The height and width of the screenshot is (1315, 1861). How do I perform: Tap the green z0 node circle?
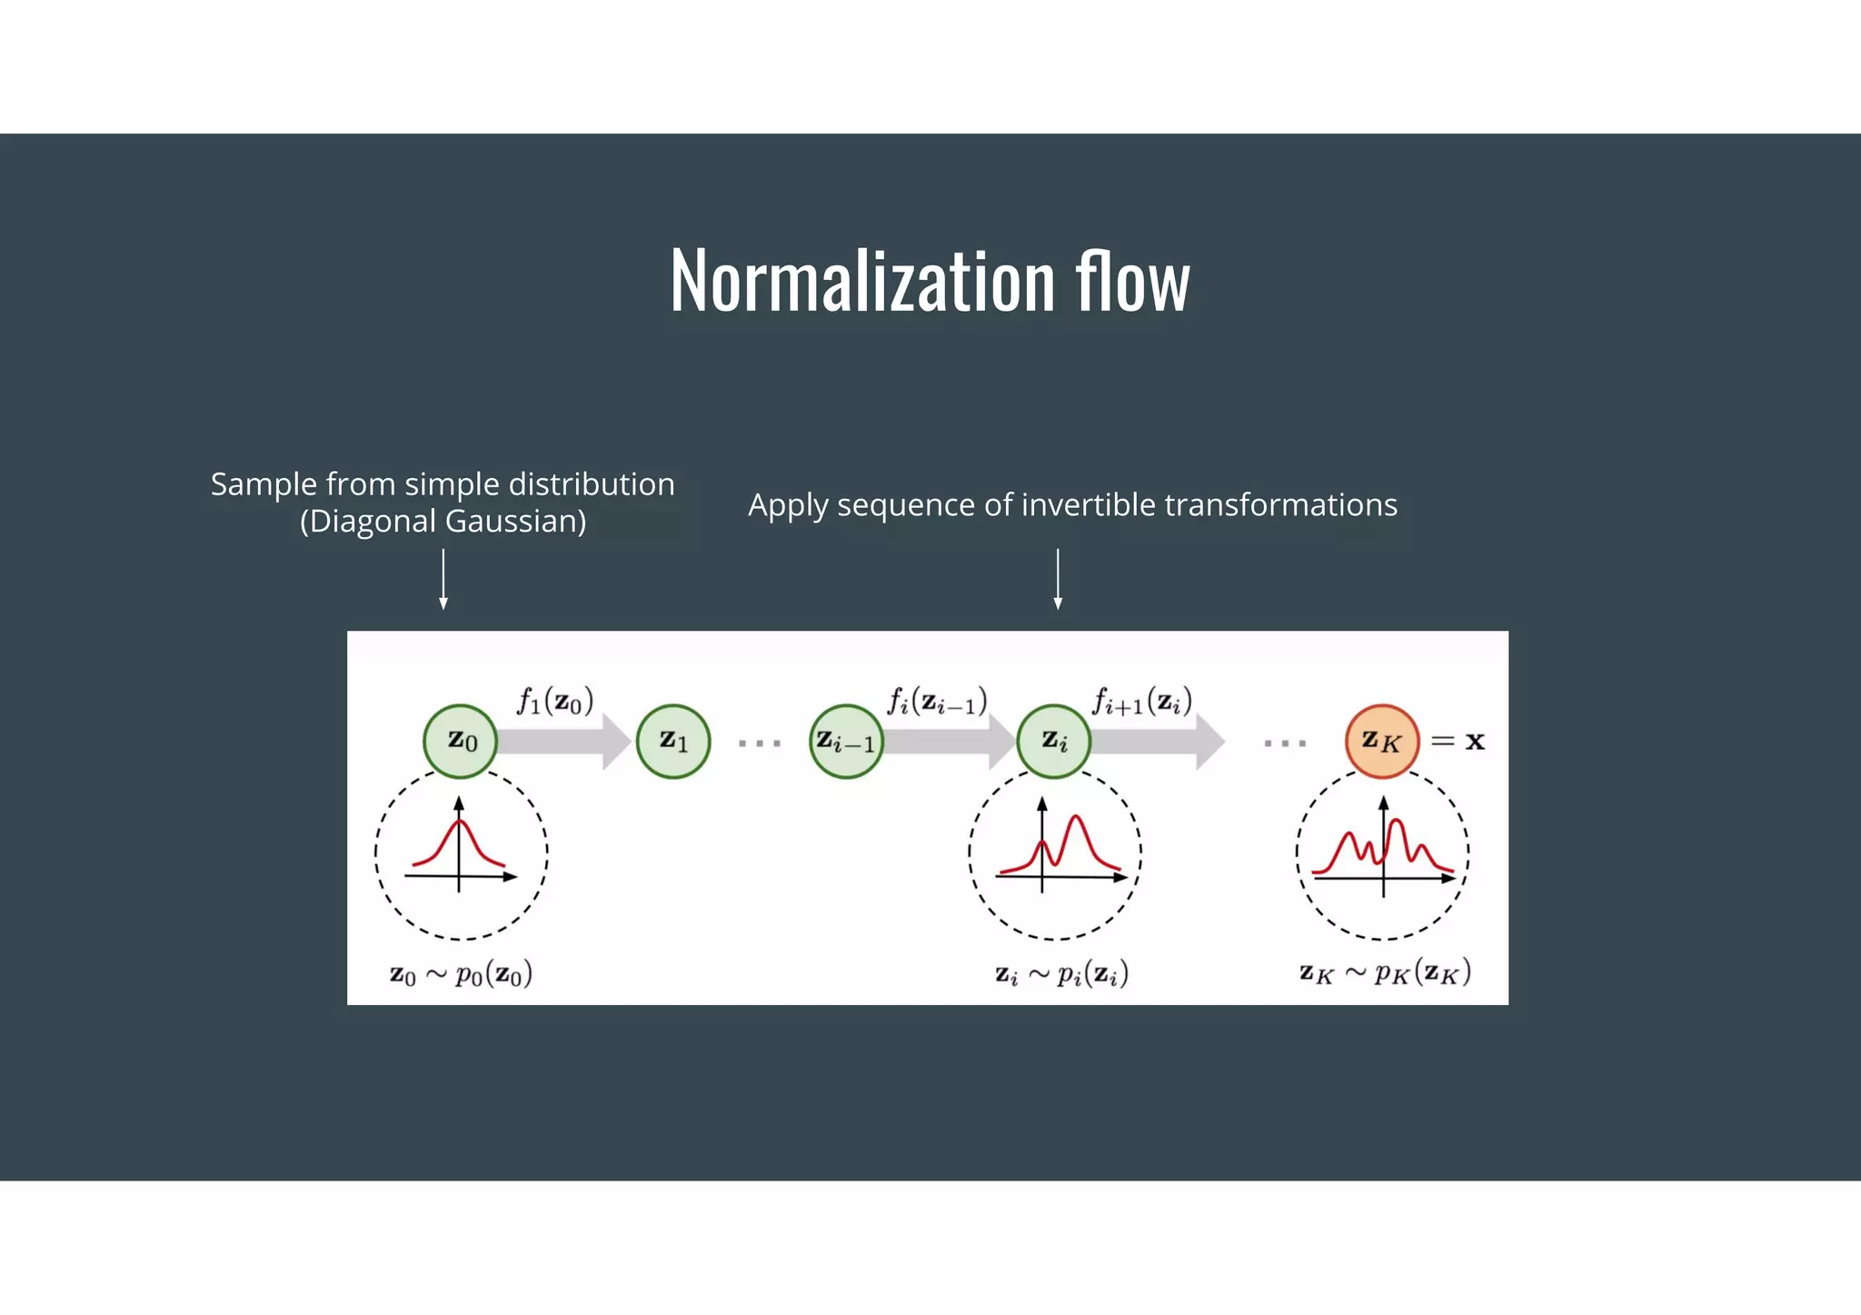pos(461,741)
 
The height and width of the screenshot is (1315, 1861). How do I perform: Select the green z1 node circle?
pos(673,741)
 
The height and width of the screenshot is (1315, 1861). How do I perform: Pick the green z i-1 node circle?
pos(846,742)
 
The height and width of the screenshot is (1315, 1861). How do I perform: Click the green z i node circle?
pos(1054,741)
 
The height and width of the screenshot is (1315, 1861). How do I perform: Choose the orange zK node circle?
pos(1382,741)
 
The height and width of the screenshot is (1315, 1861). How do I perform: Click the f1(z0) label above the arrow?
pos(555,702)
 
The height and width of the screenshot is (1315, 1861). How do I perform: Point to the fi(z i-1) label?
pos(937,702)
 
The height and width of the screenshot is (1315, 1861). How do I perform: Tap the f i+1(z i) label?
pos(1142,702)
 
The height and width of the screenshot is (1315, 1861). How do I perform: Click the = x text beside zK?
pos(1458,742)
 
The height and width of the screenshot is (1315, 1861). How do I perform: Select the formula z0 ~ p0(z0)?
pos(461,974)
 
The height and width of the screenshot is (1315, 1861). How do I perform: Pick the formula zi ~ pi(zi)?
pos(1061,974)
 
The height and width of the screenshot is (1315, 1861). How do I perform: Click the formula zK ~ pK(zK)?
pos(1384,973)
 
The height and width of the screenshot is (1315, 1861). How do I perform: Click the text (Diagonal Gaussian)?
pos(443,522)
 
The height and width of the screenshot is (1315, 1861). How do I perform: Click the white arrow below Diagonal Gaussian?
pos(443,579)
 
